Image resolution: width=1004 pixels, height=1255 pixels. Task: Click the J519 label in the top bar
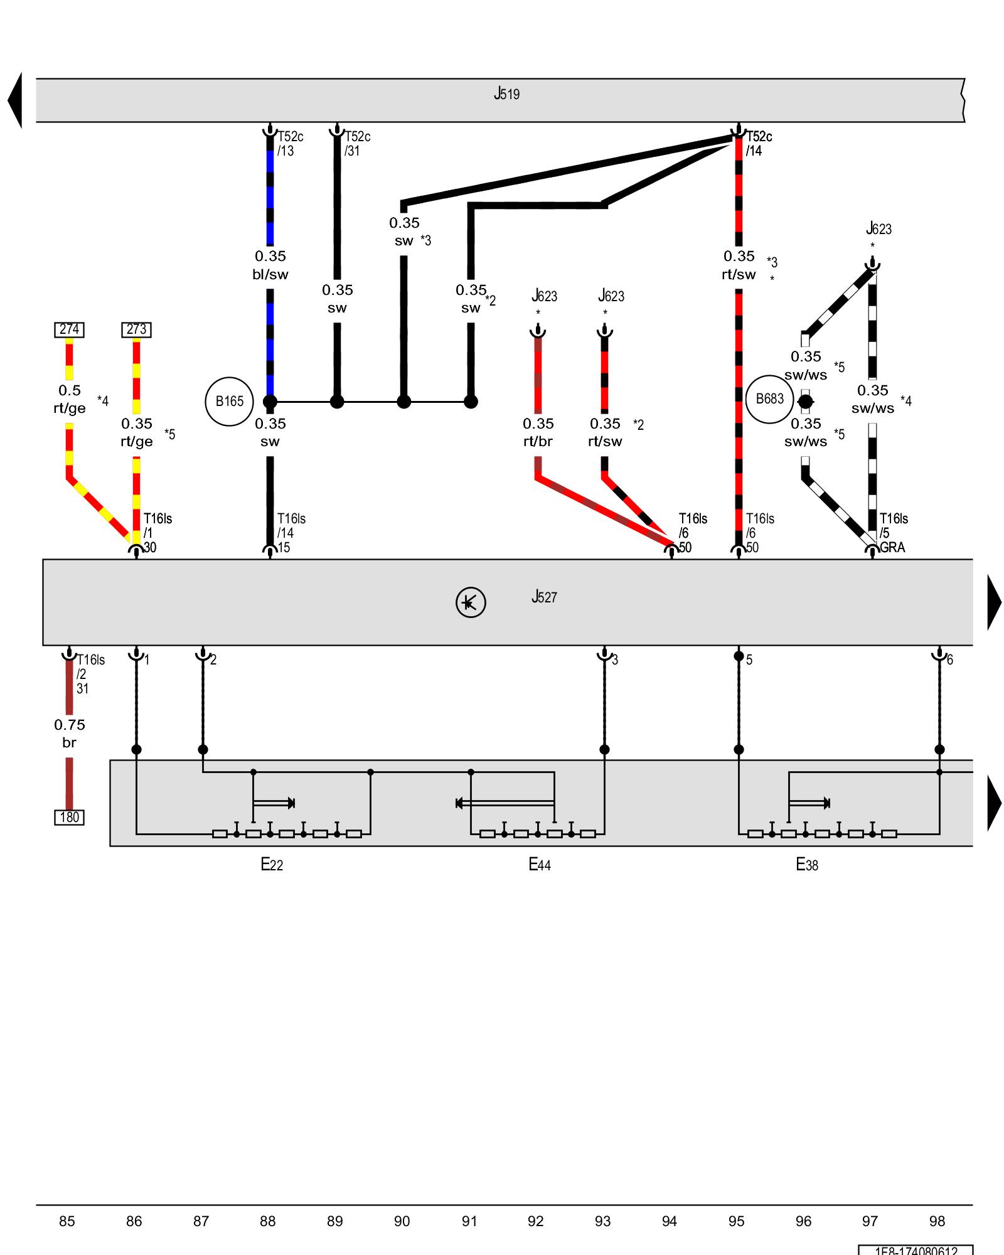[x=506, y=94]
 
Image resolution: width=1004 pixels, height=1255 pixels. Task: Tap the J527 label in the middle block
[x=543, y=597]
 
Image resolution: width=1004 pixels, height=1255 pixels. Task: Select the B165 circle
[x=229, y=402]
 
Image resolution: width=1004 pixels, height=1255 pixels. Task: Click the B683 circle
[x=769, y=399]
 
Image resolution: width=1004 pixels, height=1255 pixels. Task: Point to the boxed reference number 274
[x=69, y=329]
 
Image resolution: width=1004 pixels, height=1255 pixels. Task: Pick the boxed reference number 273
[x=136, y=329]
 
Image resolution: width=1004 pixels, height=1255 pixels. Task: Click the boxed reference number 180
[x=69, y=817]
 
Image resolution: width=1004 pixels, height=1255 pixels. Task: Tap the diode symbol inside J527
[x=470, y=602]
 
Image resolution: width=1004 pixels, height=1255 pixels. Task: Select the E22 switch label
[x=272, y=865]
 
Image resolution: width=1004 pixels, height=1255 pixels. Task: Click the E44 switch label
[x=540, y=865]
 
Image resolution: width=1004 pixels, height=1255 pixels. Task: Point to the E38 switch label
[x=807, y=865]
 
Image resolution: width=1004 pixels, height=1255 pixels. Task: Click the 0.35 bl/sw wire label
[x=270, y=265]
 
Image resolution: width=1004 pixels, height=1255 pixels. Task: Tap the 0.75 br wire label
[x=69, y=734]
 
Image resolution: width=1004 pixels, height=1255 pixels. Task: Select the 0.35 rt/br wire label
[x=538, y=432]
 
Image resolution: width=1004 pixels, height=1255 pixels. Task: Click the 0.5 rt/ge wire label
[x=69, y=399]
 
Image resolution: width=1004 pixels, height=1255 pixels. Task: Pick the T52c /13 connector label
[x=290, y=144]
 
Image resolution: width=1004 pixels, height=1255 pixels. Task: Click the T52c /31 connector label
[x=357, y=144]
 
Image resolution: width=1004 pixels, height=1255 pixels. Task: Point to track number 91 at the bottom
[x=469, y=1221]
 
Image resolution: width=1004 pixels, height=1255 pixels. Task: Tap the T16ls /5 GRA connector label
[x=892, y=533]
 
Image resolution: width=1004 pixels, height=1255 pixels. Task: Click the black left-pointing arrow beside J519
[x=15, y=100]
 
